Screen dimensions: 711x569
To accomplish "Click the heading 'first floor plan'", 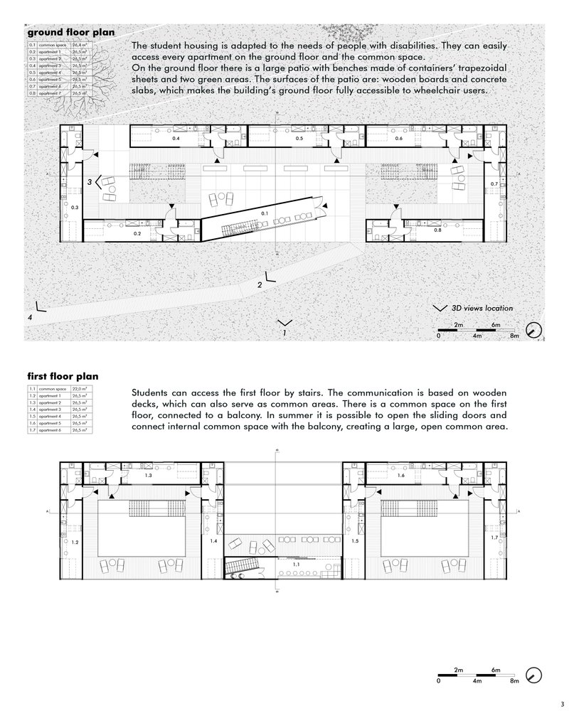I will click(x=63, y=376).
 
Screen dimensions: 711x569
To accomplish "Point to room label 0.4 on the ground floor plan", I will click(x=175, y=139).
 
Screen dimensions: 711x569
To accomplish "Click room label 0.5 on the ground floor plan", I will click(x=299, y=138).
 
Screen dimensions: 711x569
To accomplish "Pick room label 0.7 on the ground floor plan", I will click(x=494, y=184).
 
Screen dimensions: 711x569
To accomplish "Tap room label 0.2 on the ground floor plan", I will click(x=137, y=233).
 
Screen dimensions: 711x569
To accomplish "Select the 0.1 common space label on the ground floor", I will click(x=265, y=213).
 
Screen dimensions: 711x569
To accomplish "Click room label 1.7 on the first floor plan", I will click(x=495, y=538).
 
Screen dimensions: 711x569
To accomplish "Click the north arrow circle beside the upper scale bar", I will click(x=535, y=330).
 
